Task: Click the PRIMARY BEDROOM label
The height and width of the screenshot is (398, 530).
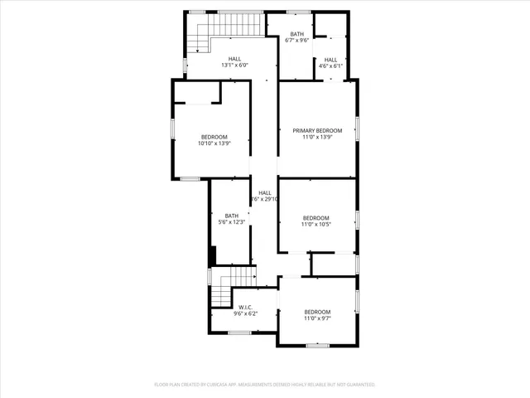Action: [317, 130]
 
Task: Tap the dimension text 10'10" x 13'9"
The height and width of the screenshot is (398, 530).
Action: [213, 143]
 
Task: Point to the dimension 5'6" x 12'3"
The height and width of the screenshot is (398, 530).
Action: [231, 222]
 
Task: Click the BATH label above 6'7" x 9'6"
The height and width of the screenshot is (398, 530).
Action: [296, 34]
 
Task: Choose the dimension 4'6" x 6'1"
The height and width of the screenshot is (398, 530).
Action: [330, 66]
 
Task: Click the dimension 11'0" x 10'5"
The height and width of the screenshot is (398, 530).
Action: [316, 224]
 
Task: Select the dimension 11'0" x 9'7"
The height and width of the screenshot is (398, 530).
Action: [316, 318]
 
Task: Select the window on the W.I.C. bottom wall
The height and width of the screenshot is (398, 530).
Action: [239, 332]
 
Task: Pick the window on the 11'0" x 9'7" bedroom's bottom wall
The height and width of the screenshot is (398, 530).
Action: [318, 344]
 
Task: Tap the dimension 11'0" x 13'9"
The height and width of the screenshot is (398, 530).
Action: [317, 137]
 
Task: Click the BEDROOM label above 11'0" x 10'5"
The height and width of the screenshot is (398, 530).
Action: [316, 217]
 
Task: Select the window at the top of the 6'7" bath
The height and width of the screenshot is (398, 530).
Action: [298, 12]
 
